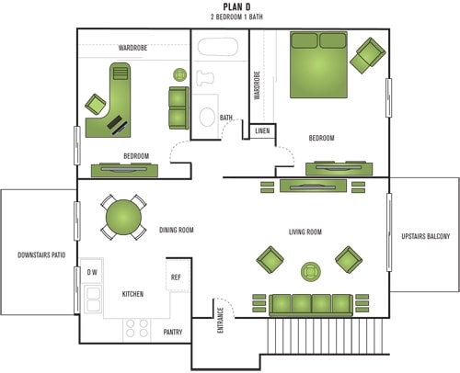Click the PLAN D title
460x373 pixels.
tap(236, 6)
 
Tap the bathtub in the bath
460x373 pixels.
tap(218, 47)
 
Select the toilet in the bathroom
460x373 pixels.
tap(205, 78)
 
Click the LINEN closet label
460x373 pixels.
tap(262, 130)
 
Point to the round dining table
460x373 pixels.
tap(123, 217)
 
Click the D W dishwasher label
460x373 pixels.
tap(92, 272)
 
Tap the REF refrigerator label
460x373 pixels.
tap(176, 277)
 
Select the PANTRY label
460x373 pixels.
tap(173, 332)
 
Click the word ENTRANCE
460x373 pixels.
tap(220, 320)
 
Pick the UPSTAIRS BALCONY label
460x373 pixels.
tap(426, 236)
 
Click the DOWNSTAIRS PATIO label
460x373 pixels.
tap(41, 254)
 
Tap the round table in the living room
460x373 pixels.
tap(311, 272)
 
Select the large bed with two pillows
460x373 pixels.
tap(318, 64)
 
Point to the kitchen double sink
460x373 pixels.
tap(93, 300)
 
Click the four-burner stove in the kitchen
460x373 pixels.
tap(137, 328)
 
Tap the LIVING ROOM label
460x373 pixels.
tap(305, 232)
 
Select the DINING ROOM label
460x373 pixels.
tap(177, 230)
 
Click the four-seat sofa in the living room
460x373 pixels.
tap(311, 305)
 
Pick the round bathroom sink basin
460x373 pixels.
tap(207, 117)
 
